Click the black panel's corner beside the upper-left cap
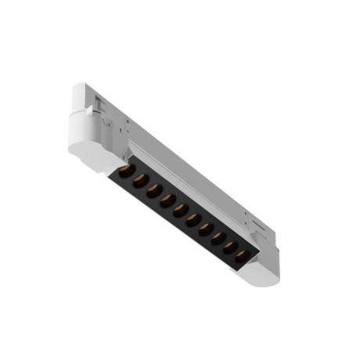[x=120, y=167]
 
